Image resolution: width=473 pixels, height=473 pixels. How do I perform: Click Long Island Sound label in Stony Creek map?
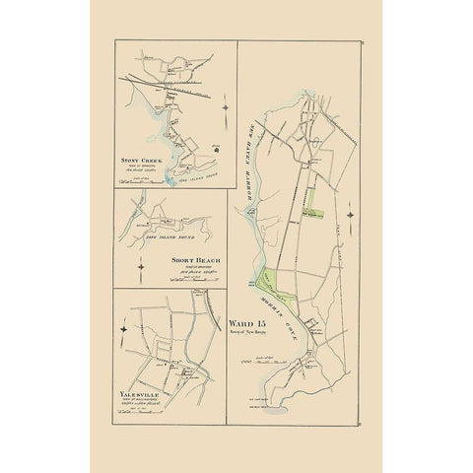(193, 173)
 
